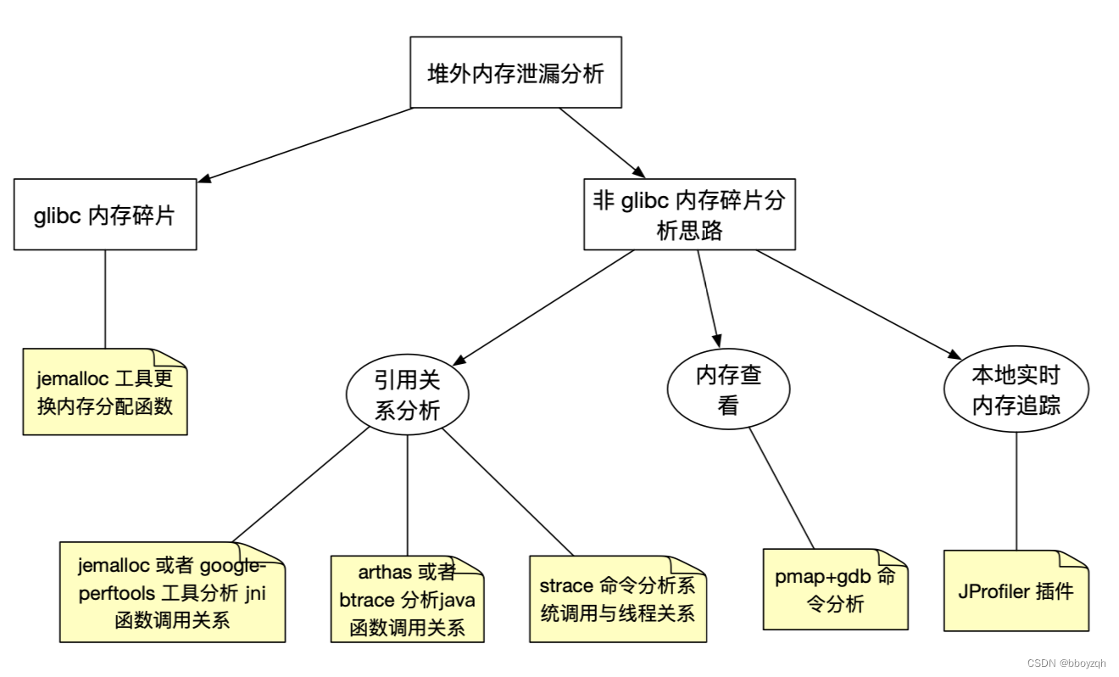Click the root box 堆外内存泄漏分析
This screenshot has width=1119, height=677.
pyautogui.click(x=515, y=72)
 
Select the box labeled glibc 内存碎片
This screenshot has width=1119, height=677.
pyautogui.click(x=105, y=215)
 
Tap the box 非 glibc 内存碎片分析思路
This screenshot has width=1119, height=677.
pyautogui.click(x=689, y=215)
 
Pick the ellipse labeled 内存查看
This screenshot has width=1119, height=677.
pyautogui.click(x=728, y=389)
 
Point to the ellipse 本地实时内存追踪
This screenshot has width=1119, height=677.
pyautogui.click(x=1016, y=389)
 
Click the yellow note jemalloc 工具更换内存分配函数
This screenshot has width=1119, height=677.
pyautogui.click(x=104, y=392)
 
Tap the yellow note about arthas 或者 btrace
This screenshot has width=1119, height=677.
pyautogui.click(x=407, y=599)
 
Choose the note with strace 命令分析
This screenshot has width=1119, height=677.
pyautogui.click(x=617, y=599)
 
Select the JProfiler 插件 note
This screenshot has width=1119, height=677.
pyautogui.click(x=1016, y=590)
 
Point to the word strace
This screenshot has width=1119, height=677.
pyautogui.click(x=566, y=585)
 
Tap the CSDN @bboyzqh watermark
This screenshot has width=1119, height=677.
pyautogui.click(x=1066, y=663)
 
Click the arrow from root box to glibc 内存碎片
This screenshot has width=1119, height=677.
pyautogui.click(x=305, y=144)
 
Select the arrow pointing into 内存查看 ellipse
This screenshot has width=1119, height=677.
pyautogui.click(x=709, y=297)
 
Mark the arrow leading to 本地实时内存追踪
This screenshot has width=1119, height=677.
pyautogui.click(x=856, y=304)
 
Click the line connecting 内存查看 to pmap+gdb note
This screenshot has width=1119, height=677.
pyautogui.click(x=782, y=489)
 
